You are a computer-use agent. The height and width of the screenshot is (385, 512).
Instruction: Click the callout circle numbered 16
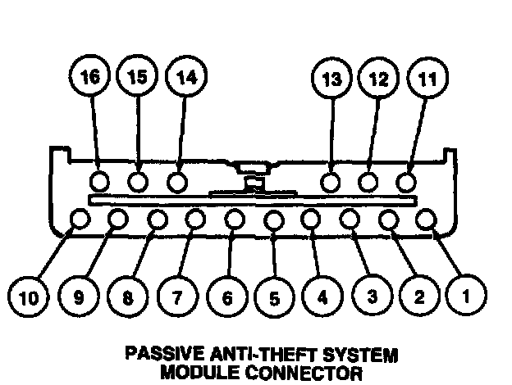pyautogui.click(x=89, y=79)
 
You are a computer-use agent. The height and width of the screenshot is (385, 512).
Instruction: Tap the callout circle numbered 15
pyautogui.click(x=137, y=79)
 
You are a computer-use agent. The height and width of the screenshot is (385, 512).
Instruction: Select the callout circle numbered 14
pyautogui.click(x=186, y=79)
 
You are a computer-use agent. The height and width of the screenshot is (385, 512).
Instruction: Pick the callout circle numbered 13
pyautogui.click(x=330, y=79)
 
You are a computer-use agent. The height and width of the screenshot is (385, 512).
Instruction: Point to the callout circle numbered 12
pyautogui.click(x=377, y=79)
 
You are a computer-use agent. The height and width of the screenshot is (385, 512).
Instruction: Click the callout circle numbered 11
pyautogui.click(x=426, y=79)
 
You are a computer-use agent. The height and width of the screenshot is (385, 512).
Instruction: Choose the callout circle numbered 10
pyautogui.click(x=29, y=297)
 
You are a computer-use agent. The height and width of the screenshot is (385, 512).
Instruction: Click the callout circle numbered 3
pyautogui.click(x=372, y=297)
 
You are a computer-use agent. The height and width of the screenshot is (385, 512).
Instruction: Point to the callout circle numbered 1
pyautogui.click(x=466, y=297)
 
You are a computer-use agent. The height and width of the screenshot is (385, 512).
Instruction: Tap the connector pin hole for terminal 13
pyautogui.click(x=331, y=181)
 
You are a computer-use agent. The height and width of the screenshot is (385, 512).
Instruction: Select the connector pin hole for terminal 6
pyautogui.click(x=234, y=219)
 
